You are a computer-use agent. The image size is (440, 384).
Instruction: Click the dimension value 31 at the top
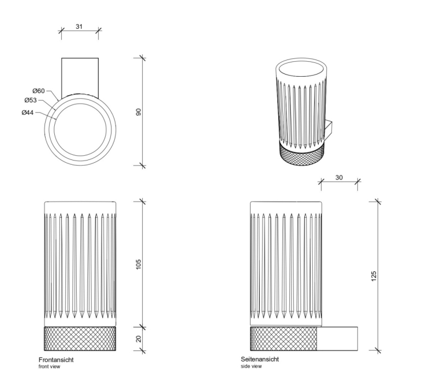tap(80, 26)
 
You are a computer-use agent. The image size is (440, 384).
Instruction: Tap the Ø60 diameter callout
tap(39, 91)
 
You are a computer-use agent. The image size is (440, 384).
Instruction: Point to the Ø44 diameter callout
tap(28, 112)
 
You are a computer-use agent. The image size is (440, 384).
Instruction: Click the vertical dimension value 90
tap(139, 111)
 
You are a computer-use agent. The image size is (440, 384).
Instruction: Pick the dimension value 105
tap(139, 264)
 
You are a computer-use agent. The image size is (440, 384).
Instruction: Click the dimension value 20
tap(139, 339)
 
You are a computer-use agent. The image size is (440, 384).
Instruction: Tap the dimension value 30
tap(339, 177)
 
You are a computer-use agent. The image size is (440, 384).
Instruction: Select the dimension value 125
tap(374, 275)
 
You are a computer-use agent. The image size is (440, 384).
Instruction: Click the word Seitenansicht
tap(260, 359)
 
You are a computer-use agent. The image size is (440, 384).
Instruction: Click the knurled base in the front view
tap(80, 338)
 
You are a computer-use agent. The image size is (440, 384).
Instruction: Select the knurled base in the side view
tap(284, 338)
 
